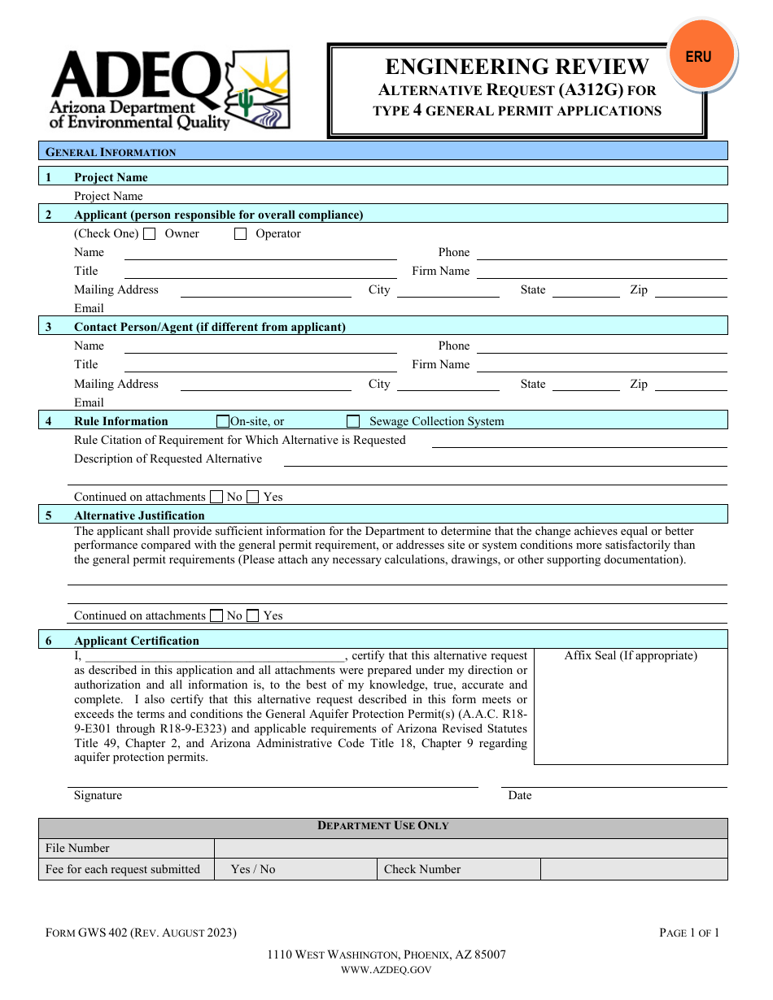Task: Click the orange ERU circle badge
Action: point(698,57)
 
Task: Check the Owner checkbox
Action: point(150,234)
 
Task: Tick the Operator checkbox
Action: point(240,234)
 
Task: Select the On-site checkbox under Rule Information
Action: point(223,421)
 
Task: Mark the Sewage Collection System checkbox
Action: point(353,421)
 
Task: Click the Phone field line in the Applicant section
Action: point(601,254)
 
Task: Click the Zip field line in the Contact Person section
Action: point(690,385)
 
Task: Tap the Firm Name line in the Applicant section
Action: point(601,272)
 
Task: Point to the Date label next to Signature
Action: point(519,795)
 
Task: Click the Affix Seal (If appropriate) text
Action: point(631,655)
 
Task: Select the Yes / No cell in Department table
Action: point(253,869)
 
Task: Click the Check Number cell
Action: point(422,869)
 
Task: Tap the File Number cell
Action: point(77,848)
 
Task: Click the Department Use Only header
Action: point(382,826)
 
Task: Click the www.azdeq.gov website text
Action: point(386,969)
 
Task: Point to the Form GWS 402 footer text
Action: point(141,933)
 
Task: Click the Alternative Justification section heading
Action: point(139,515)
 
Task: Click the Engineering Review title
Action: point(517,67)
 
